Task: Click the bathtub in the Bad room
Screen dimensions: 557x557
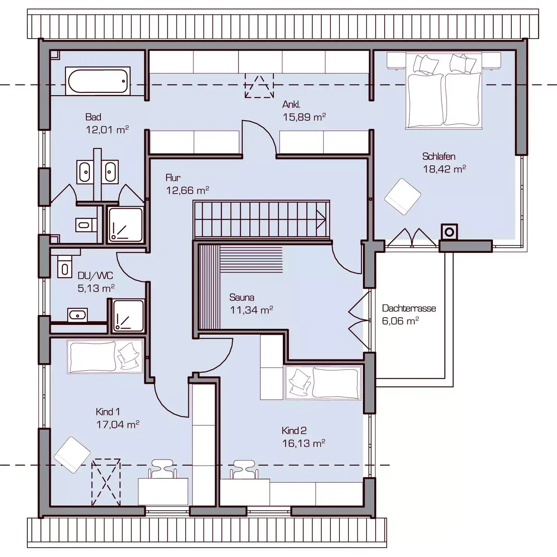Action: pyautogui.click(x=98, y=81)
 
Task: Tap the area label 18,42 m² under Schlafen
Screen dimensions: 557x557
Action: pyautogui.click(x=444, y=169)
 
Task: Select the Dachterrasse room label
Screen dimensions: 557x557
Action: pyautogui.click(x=409, y=308)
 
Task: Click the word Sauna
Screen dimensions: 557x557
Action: pyautogui.click(x=242, y=297)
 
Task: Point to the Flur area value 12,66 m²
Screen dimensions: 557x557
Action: pyautogui.click(x=187, y=190)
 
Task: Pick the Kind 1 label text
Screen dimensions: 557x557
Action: pyautogui.click(x=108, y=412)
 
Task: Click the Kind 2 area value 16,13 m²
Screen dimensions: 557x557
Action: pyautogui.click(x=303, y=443)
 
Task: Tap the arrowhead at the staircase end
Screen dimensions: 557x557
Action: pyautogui.click(x=321, y=220)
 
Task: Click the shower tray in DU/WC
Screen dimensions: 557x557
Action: pyautogui.click(x=128, y=316)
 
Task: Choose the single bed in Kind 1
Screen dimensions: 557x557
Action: pyautogui.click(x=105, y=356)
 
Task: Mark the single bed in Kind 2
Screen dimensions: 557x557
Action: pyautogui.click(x=324, y=383)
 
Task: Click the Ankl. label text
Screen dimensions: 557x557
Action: pyautogui.click(x=291, y=105)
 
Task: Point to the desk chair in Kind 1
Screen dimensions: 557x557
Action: pyautogui.click(x=163, y=469)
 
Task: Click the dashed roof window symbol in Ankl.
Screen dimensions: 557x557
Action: pyautogui.click(x=259, y=86)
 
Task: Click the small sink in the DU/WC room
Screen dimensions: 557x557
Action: pyautogui.click(x=78, y=315)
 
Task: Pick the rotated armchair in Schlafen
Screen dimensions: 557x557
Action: pyautogui.click(x=403, y=197)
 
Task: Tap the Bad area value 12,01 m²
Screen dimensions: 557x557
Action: pyautogui.click(x=107, y=130)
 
